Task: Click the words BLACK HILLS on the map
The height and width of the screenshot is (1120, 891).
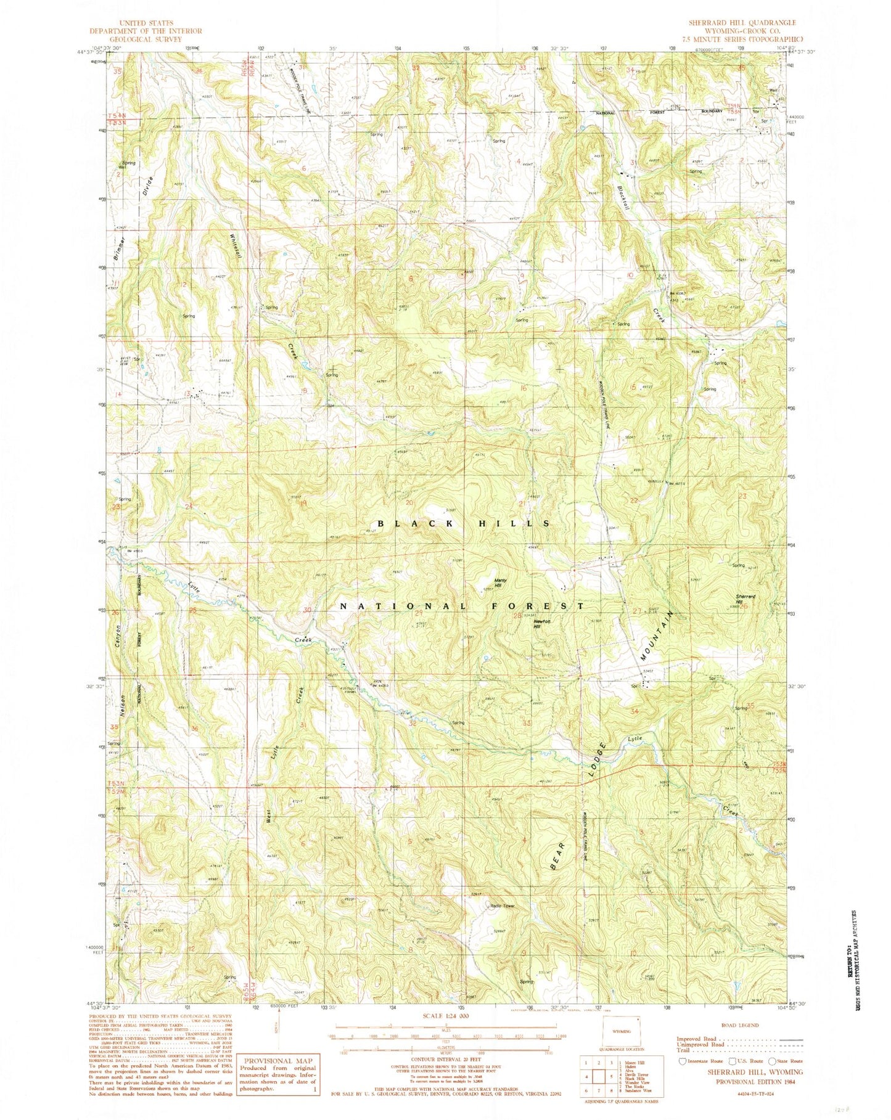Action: [x=463, y=523]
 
